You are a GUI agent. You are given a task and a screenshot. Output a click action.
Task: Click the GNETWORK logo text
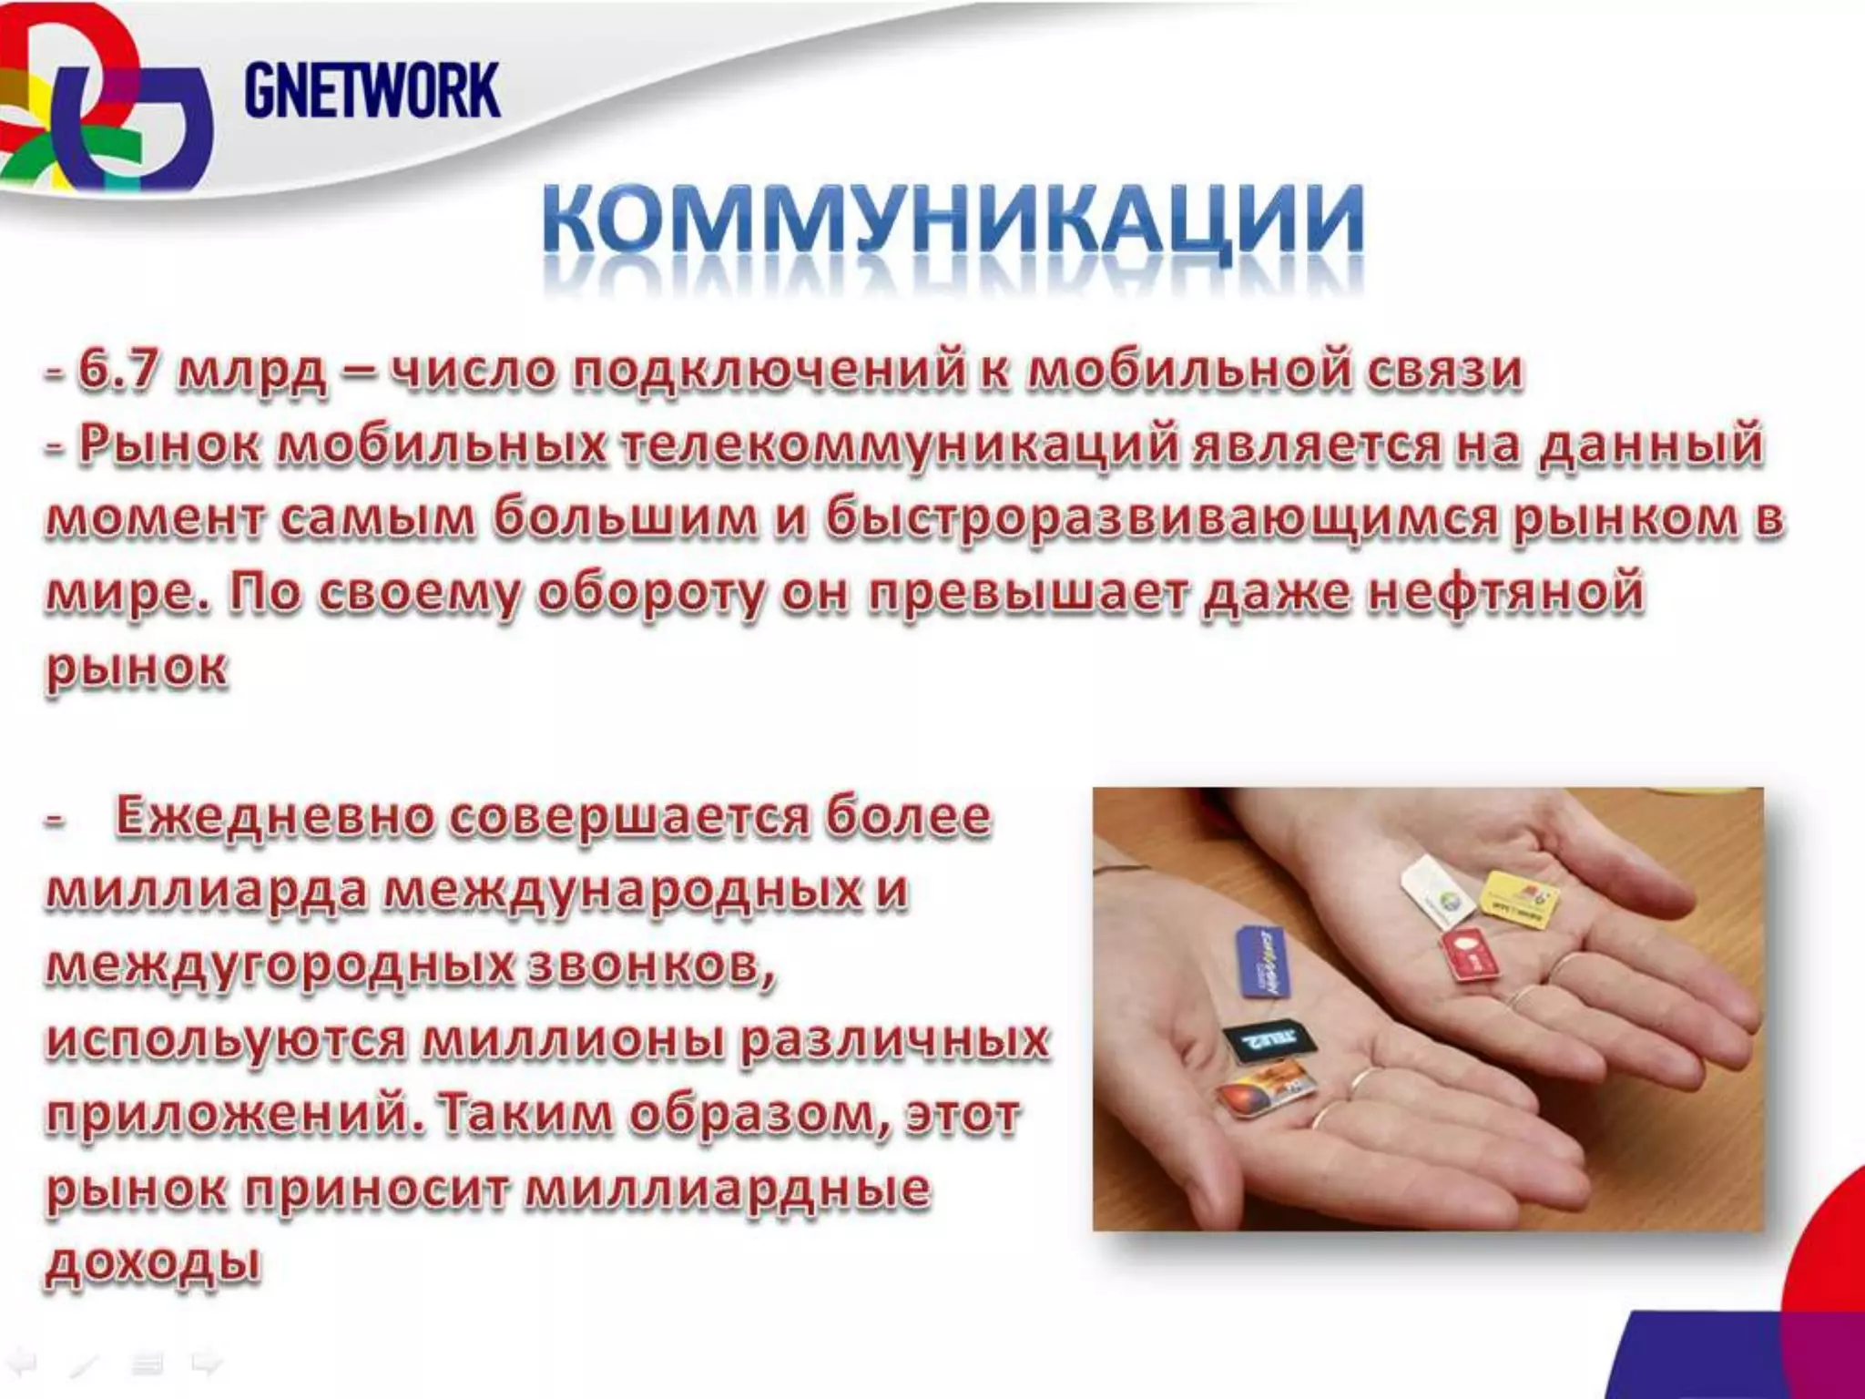pos(372,90)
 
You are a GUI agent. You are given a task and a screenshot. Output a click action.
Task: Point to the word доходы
pos(153,1263)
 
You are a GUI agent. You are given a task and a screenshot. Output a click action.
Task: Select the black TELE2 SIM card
pos(1262,1042)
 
